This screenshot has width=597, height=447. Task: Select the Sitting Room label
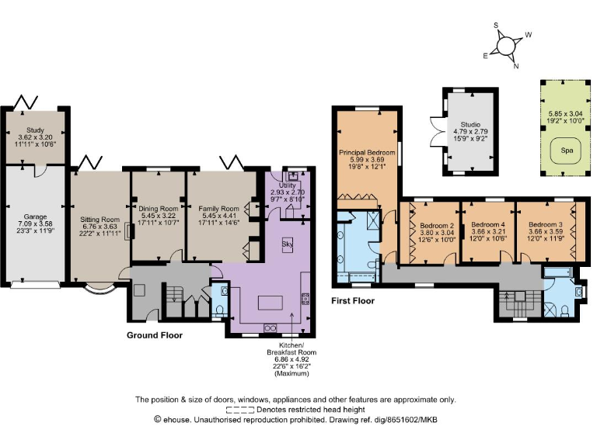(99, 220)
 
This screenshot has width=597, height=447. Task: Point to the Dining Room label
(159, 209)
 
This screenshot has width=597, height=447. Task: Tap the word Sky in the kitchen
(287, 243)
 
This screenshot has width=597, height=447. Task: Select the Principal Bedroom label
(367, 153)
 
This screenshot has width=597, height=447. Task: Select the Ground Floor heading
(160, 335)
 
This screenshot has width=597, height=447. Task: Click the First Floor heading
(352, 300)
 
